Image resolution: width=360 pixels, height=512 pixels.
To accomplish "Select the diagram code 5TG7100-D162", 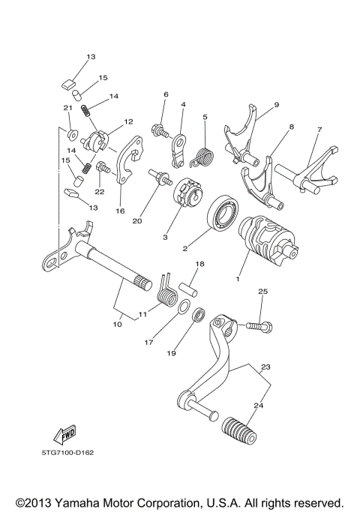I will tap(68, 452).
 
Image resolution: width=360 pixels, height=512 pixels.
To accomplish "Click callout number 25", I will tap(263, 291).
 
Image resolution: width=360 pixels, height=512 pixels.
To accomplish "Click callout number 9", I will tap(276, 105).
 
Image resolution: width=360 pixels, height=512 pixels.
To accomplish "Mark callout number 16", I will tap(120, 211).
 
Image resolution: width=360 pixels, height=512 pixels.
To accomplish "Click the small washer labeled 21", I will tap(72, 134).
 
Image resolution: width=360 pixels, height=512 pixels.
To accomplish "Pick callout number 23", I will tap(264, 367).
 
